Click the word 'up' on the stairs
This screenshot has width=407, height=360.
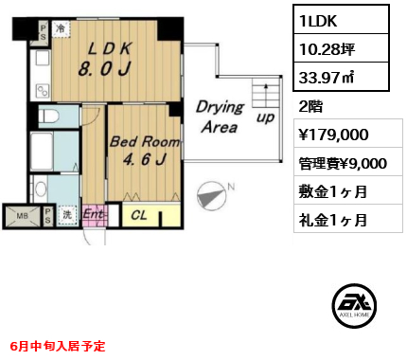coord(267,117)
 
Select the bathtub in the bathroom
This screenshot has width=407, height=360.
coord(43,152)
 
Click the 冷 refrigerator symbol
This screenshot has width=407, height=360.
coord(61,27)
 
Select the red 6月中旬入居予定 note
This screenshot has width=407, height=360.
coord(59,347)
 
